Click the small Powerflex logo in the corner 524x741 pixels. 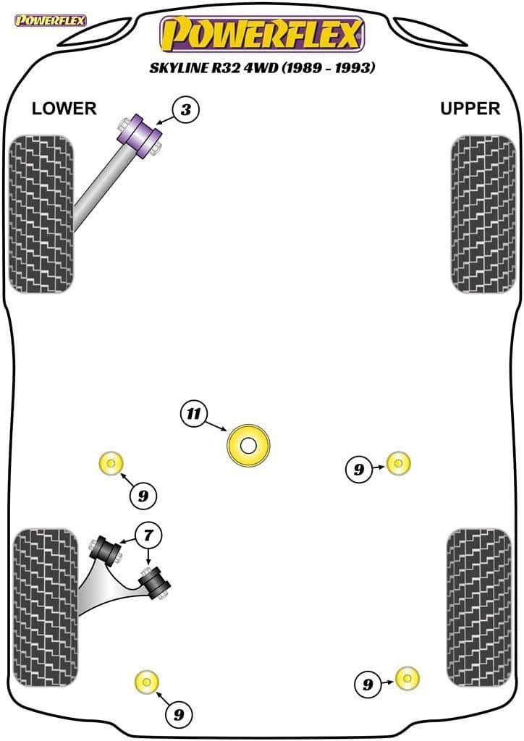[x=50, y=20]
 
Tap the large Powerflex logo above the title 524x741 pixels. [x=261, y=34]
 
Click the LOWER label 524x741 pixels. [x=64, y=109]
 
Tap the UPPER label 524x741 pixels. [x=470, y=109]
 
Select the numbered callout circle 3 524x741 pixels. [x=186, y=110]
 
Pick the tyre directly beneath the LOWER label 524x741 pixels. [x=42, y=213]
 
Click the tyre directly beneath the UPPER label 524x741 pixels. [x=483, y=213]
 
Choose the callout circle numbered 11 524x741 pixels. [x=193, y=414]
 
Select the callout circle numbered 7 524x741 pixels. [x=148, y=536]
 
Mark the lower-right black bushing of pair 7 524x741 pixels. [x=155, y=582]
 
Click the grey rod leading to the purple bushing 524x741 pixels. [x=98, y=190]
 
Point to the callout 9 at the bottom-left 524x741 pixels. [x=178, y=715]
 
